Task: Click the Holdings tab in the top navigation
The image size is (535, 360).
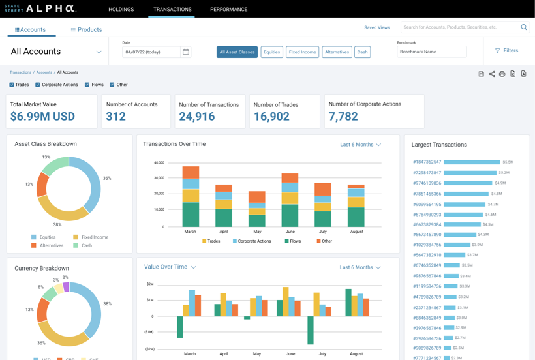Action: (x=121, y=9)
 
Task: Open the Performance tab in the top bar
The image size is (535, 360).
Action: (x=228, y=9)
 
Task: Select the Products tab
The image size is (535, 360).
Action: (x=86, y=30)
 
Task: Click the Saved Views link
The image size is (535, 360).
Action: (x=376, y=27)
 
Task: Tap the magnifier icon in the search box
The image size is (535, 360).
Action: (x=523, y=27)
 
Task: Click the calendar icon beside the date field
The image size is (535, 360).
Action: (x=186, y=52)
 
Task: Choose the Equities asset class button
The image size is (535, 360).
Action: (x=271, y=52)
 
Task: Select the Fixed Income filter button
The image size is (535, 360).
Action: (x=302, y=52)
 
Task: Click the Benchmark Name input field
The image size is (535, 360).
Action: (x=431, y=52)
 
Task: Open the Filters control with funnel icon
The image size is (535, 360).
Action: (x=506, y=50)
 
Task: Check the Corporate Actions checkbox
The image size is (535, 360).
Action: (x=38, y=85)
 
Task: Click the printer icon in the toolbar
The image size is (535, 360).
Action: (x=502, y=74)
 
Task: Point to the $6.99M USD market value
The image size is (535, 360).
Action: (x=42, y=117)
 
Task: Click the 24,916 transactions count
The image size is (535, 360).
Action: (x=197, y=117)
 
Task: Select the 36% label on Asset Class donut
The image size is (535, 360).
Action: (x=107, y=178)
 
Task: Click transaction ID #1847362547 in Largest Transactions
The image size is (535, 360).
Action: (x=427, y=162)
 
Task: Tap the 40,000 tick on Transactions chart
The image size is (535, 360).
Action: (x=159, y=162)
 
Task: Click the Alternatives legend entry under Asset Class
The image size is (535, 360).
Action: (x=51, y=245)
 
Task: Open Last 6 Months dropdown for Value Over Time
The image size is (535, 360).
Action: (x=360, y=267)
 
